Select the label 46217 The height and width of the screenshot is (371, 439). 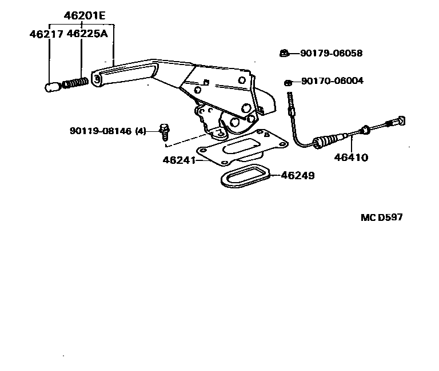[46, 34]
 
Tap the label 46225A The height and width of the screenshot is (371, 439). [87, 34]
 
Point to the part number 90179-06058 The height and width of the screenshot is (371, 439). [332, 54]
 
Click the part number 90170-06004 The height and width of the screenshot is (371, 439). [332, 81]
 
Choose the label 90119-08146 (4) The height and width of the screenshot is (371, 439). [109, 131]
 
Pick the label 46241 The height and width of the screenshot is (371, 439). [178, 161]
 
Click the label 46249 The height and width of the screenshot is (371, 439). [297, 175]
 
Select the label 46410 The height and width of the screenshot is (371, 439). [352, 157]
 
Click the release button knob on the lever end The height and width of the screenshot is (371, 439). [52, 87]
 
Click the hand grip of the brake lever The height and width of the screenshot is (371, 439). [123, 75]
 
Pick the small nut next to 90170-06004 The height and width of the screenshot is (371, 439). [289, 82]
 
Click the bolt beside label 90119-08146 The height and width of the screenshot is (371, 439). [164, 131]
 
